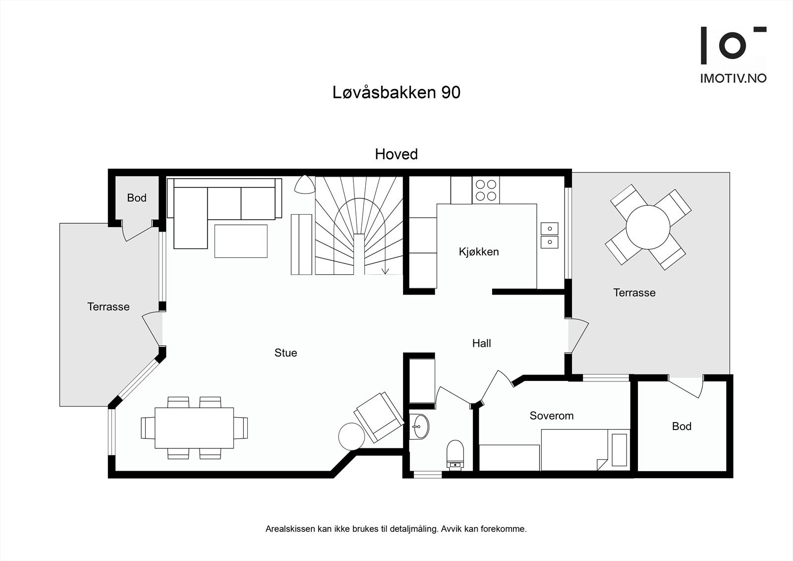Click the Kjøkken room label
point(479,252)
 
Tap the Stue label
point(285,353)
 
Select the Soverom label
point(551,416)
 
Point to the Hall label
point(481,343)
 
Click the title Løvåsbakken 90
point(396,92)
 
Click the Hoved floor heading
point(396,154)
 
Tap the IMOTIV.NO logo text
point(733,78)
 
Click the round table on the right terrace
point(648,227)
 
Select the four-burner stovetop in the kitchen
point(486,190)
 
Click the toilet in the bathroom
point(454,452)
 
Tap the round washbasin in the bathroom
point(420,426)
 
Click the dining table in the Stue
point(194,428)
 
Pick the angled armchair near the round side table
point(379,417)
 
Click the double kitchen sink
point(549,236)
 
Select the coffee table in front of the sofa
point(241,241)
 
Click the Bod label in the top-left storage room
point(136,198)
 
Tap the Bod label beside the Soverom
point(681,426)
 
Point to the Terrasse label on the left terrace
point(108,307)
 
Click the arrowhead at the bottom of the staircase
point(385,271)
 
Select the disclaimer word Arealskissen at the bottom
point(290,529)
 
